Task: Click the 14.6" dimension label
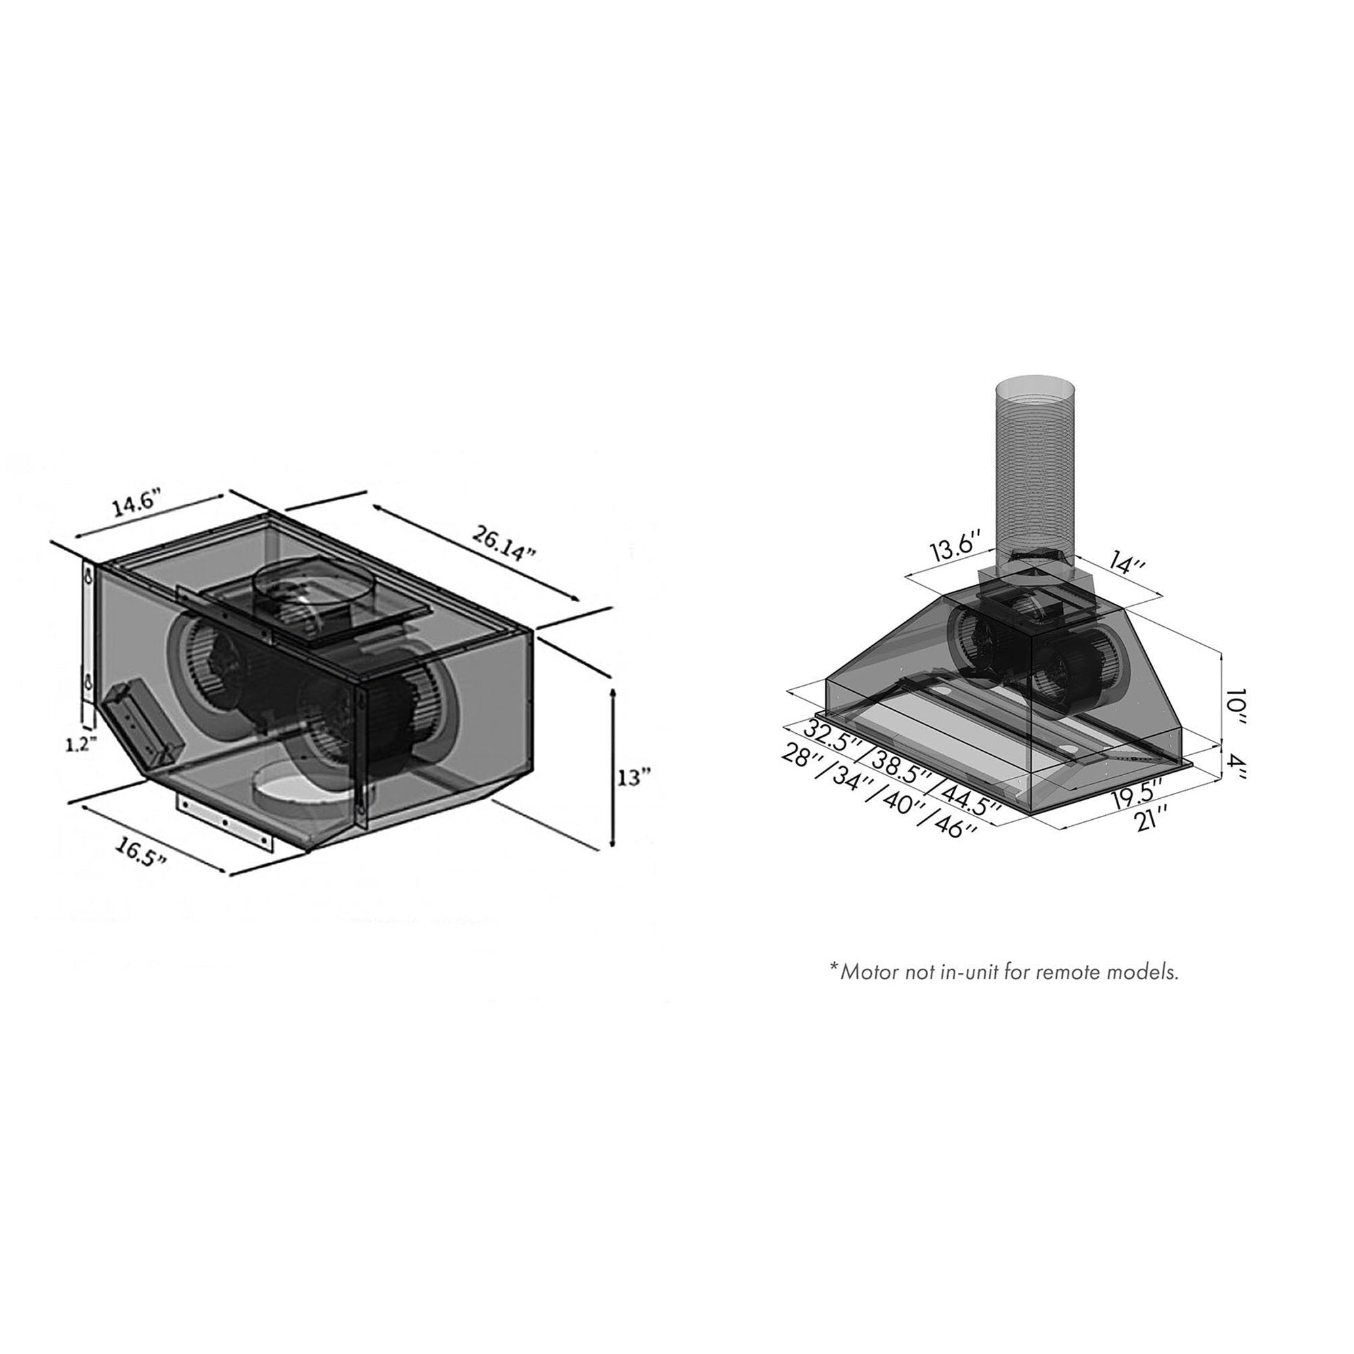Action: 138,504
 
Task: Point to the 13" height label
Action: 634,777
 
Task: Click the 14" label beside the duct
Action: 1127,562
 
